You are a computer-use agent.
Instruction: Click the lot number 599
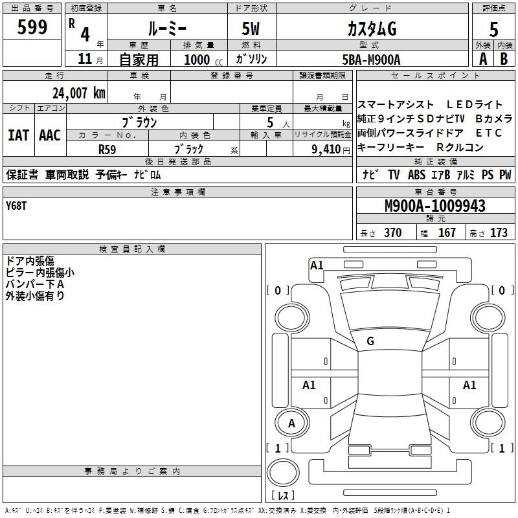coord(32,27)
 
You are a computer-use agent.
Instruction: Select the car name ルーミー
coord(167,28)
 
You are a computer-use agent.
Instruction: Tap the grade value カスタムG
coord(372,28)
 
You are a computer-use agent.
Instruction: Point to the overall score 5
coord(493,29)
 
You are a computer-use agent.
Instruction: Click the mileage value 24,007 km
coord(79,93)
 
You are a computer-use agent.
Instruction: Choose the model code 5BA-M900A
coord(371,60)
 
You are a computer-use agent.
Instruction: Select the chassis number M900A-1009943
coord(435,206)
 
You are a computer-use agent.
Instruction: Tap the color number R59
coord(107,150)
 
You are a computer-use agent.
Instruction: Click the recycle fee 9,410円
coord(331,150)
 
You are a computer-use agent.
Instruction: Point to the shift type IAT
coord(19,135)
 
